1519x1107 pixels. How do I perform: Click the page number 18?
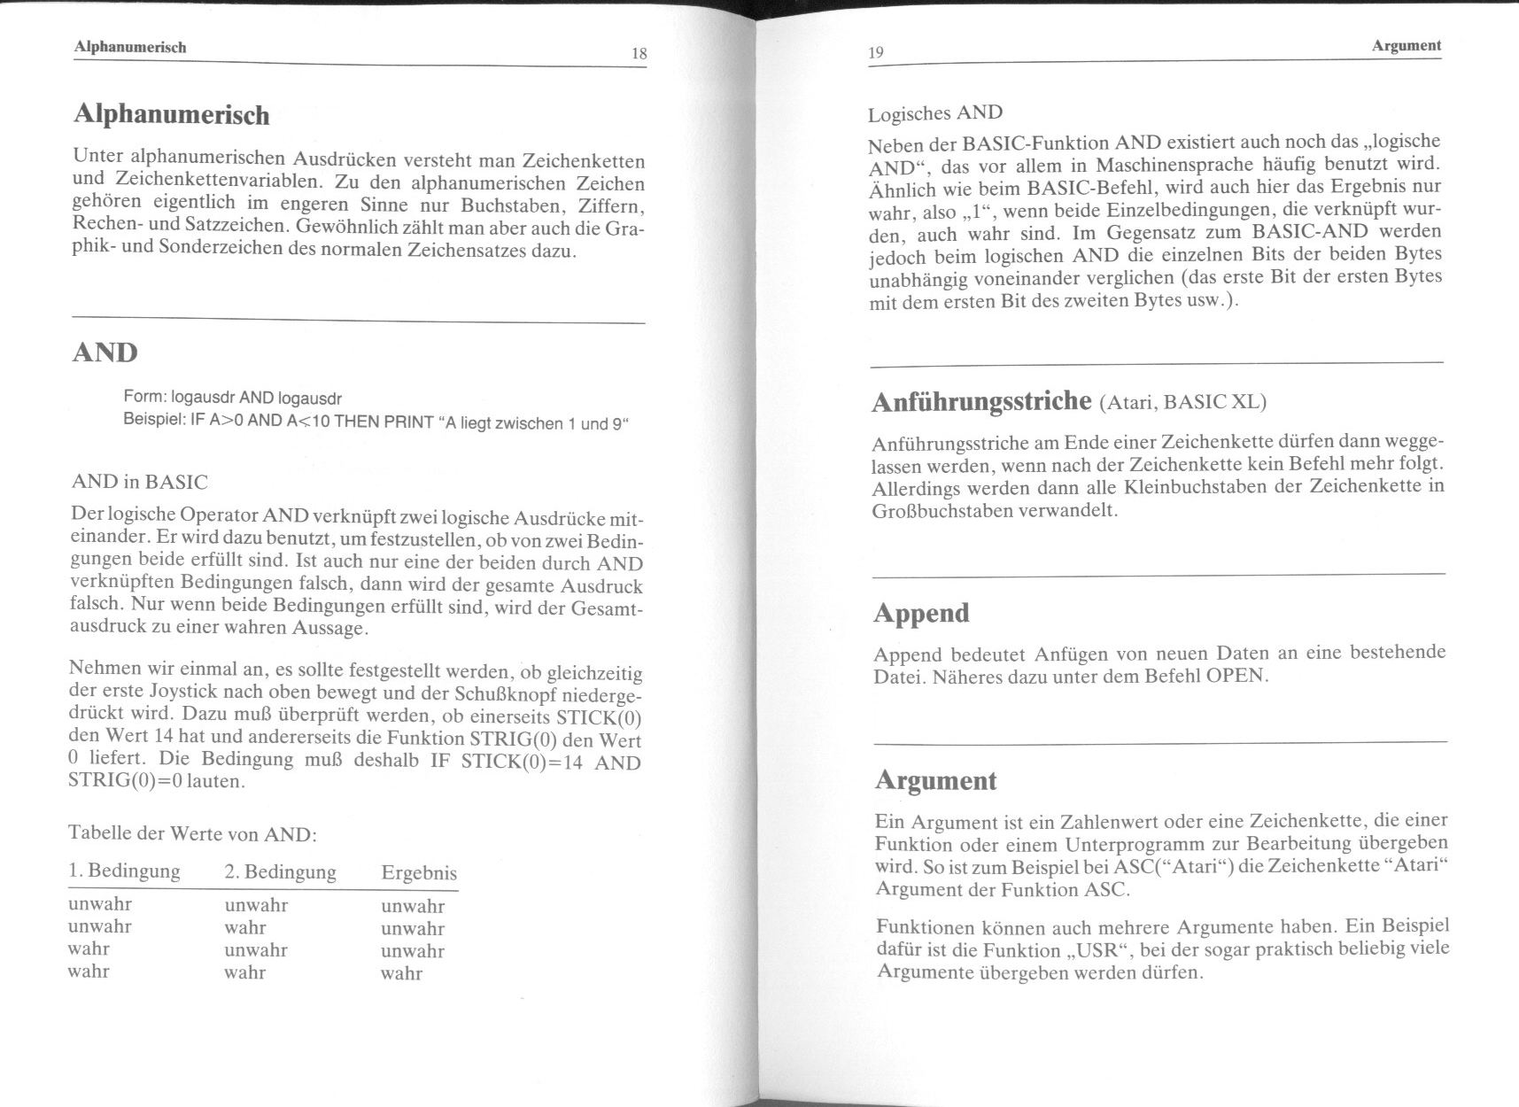(x=639, y=54)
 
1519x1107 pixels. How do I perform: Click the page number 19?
(x=876, y=52)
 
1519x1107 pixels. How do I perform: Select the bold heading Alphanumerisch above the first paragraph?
(x=171, y=115)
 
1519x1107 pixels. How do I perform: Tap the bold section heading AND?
(x=105, y=352)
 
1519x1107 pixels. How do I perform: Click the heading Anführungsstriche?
(x=981, y=402)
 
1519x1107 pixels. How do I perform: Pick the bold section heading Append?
(x=921, y=613)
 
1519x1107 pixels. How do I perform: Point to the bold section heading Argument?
(x=935, y=780)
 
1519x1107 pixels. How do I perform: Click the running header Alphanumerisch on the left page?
(x=130, y=47)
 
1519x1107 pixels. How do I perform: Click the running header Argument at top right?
(x=1407, y=45)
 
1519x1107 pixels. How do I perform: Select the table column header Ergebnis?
(x=419, y=873)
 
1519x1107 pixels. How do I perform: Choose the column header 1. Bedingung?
(x=124, y=871)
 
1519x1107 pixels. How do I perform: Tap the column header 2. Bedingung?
(x=280, y=872)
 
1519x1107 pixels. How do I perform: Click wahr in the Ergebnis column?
(x=401, y=973)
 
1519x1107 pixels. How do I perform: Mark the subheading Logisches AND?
(x=935, y=113)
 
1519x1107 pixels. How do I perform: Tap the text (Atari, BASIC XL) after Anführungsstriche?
(x=1182, y=403)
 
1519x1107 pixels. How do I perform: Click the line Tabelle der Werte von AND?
(x=192, y=833)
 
